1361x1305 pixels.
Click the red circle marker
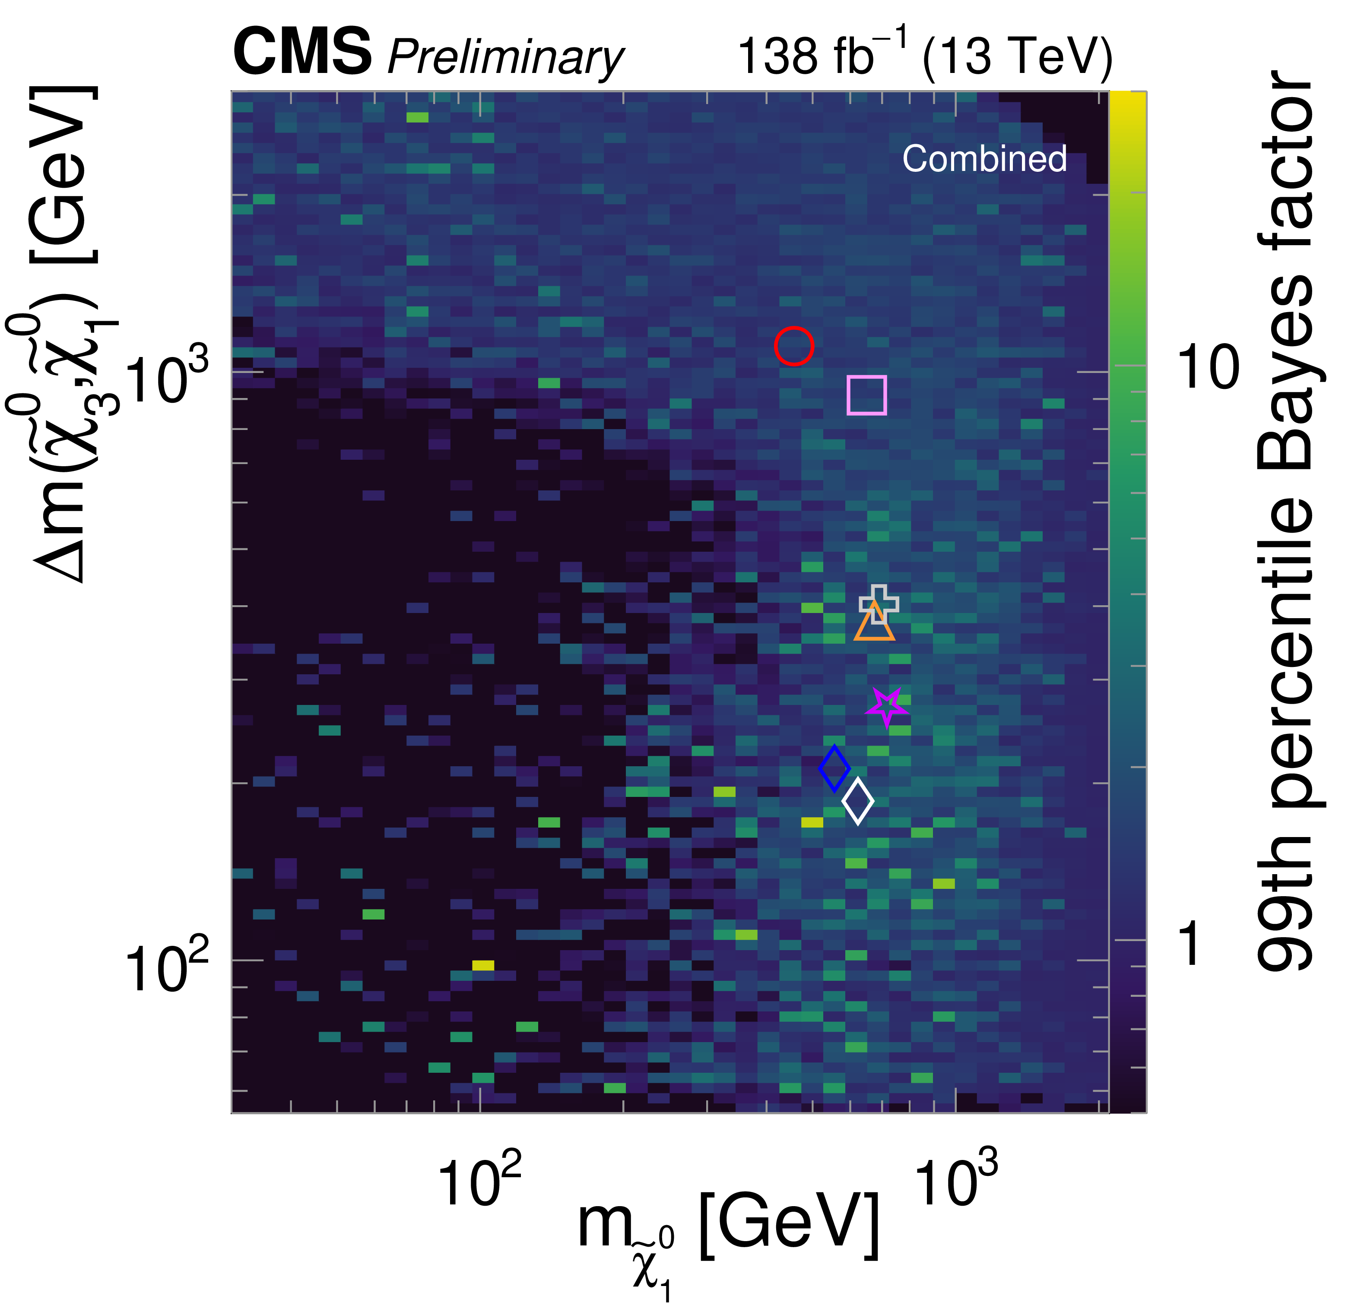tap(794, 346)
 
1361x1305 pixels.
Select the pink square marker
tap(866, 395)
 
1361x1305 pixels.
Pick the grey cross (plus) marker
tap(879, 603)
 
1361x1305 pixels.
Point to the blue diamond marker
tap(834, 768)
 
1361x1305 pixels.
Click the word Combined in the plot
tap(984, 159)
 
